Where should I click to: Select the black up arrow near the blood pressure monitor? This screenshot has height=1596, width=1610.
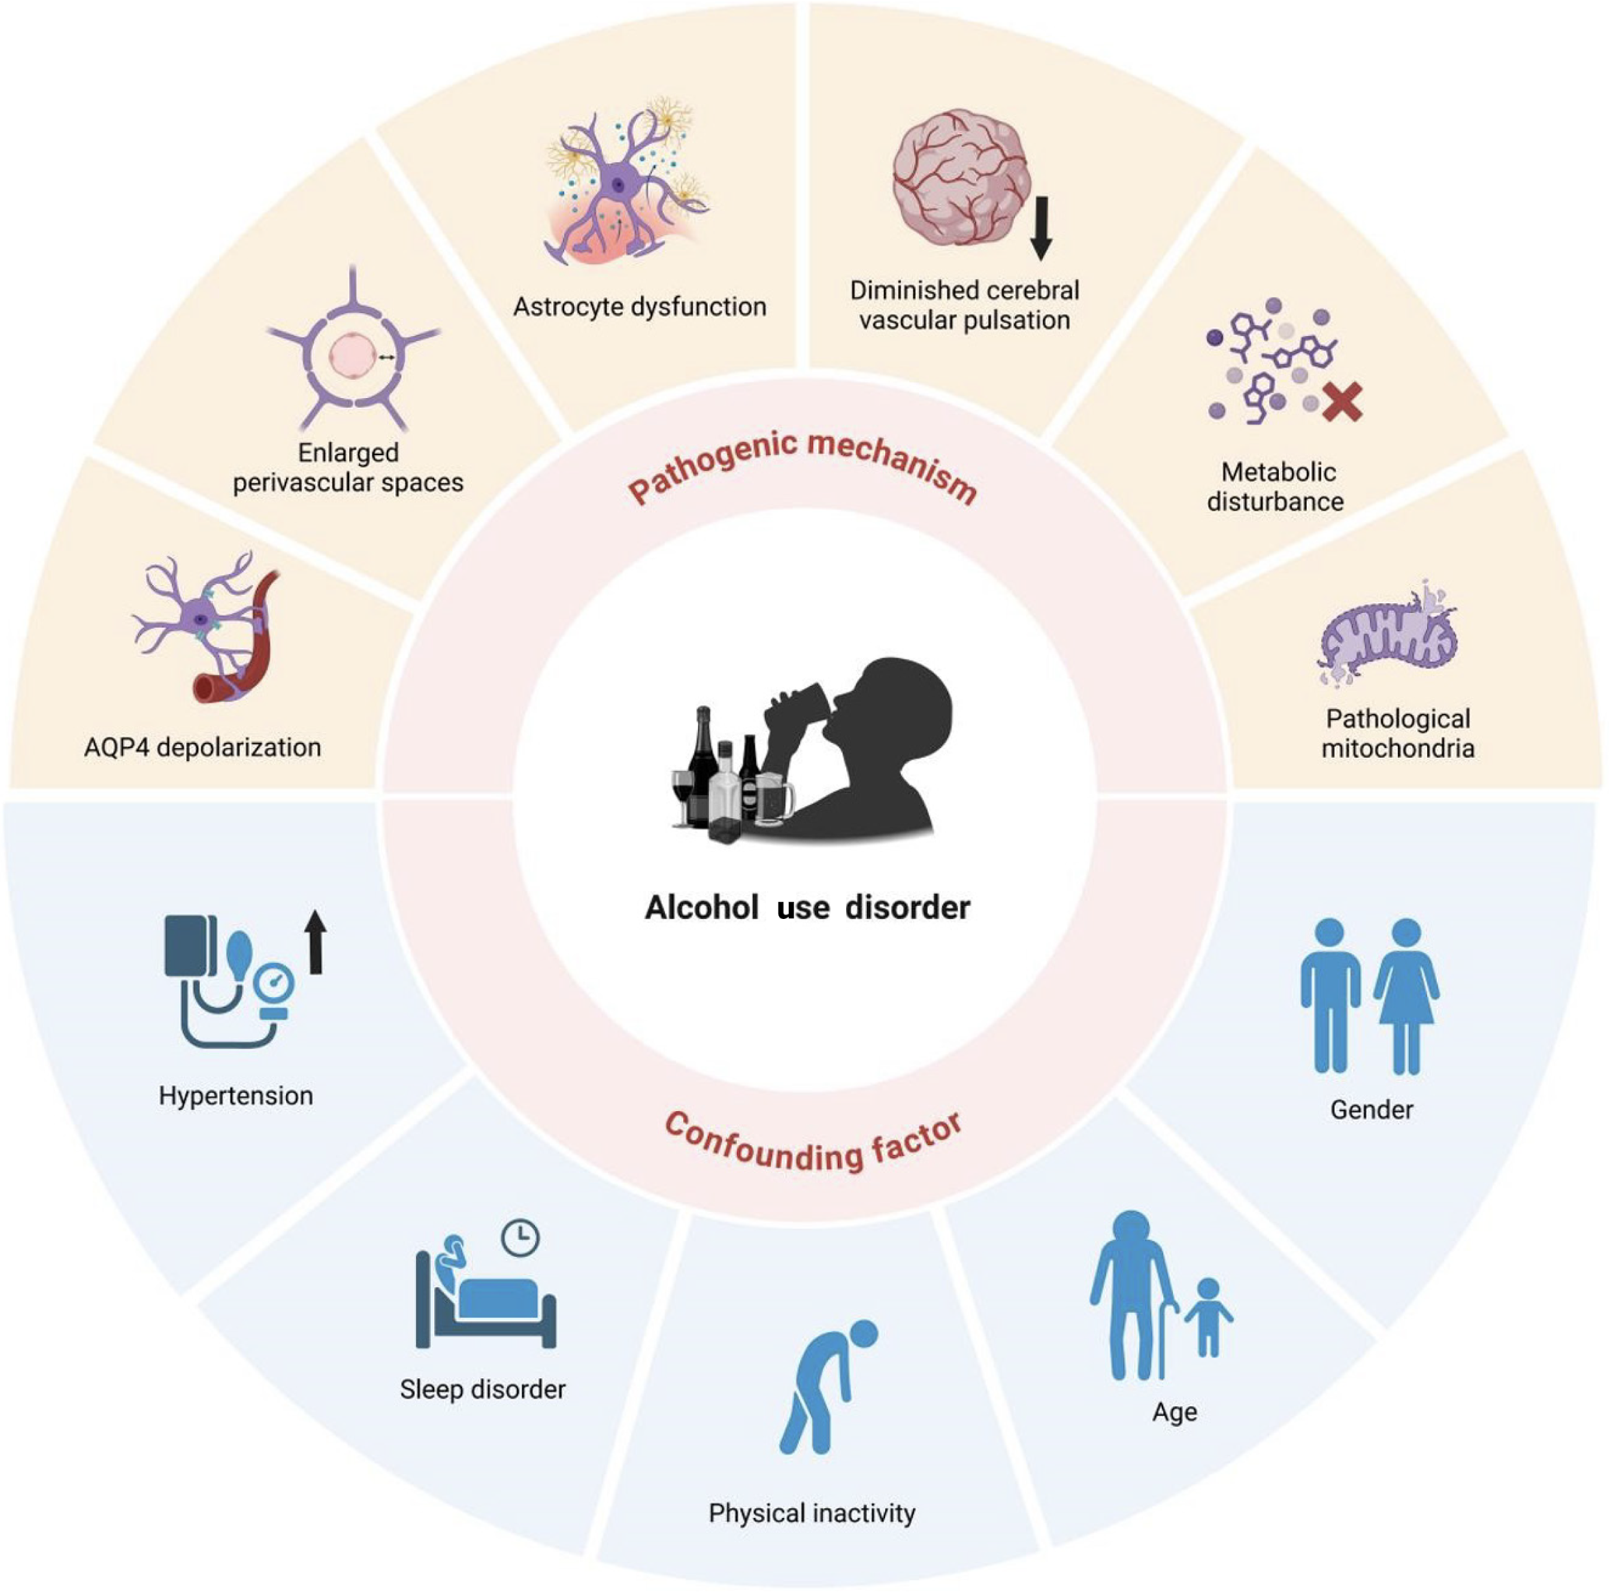click(315, 942)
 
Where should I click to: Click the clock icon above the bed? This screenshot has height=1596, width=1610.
click(520, 1238)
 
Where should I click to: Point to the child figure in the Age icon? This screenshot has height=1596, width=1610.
click(1208, 1317)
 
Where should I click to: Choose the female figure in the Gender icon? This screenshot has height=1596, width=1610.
click(1407, 996)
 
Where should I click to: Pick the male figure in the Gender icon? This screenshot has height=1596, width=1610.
click(1330, 996)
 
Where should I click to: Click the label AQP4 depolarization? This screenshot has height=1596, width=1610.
click(203, 748)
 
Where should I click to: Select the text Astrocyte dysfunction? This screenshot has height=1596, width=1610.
click(639, 307)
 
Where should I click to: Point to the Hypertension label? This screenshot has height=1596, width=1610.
click(236, 1095)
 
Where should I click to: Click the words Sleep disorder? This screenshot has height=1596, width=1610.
click(482, 1390)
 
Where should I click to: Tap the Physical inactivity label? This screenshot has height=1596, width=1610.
click(812, 1513)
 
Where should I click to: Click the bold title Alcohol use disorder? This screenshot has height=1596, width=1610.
click(807, 907)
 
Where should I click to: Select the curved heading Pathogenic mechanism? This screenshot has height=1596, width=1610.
click(801, 467)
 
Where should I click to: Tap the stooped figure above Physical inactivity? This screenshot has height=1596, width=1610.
click(825, 1388)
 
